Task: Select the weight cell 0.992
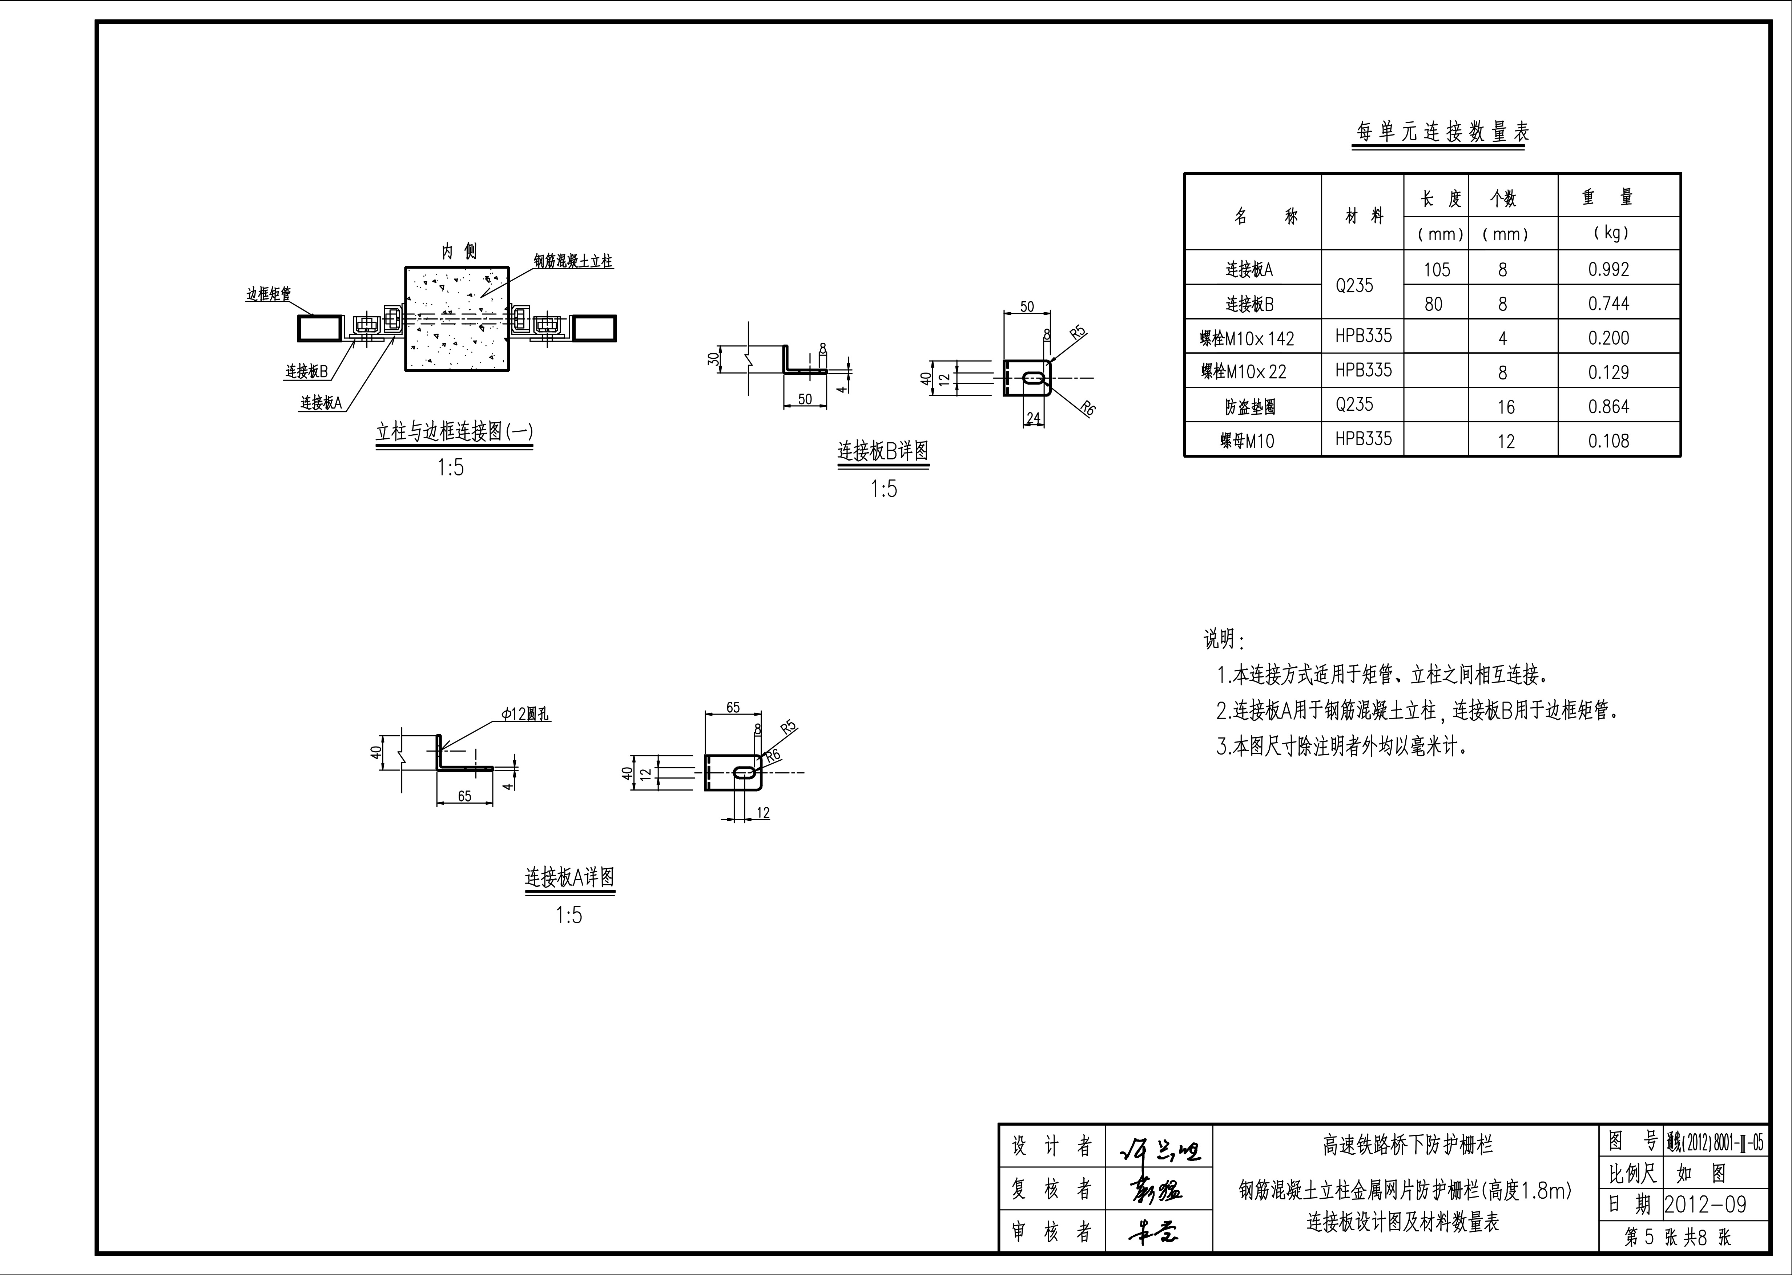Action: [1608, 269]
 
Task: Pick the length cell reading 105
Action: [1437, 269]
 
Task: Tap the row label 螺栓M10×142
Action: [1247, 338]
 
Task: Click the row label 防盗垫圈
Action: [1250, 407]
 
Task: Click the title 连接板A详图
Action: [569, 877]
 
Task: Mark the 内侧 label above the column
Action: [458, 251]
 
